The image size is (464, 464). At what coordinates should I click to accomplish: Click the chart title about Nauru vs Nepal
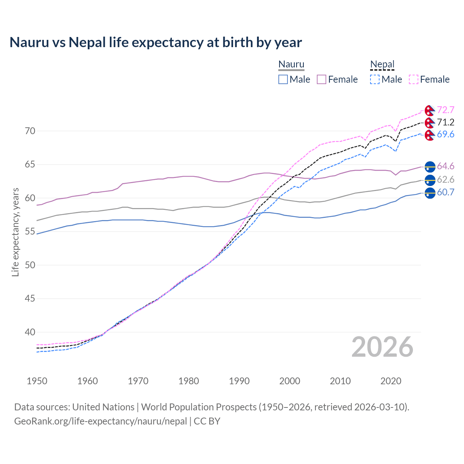tap(156, 42)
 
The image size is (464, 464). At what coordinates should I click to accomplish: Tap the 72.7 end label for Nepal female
tap(446, 110)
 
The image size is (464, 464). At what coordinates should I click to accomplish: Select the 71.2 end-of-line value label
tap(446, 122)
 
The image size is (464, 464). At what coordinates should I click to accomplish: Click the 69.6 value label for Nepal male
tap(446, 134)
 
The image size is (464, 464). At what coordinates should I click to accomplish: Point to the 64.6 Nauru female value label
tap(446, 166)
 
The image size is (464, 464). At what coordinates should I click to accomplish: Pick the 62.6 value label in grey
tap(446, 179)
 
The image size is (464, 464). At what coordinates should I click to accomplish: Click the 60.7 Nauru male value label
tap(446, 192)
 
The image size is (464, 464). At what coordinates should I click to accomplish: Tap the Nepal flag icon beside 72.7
tap(430, 110)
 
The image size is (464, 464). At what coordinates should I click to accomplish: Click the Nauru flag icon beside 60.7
tap(430, 193)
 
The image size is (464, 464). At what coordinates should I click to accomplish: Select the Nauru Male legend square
tap(283, 79)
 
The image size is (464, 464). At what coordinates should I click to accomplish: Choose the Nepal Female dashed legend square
tap(414, 79)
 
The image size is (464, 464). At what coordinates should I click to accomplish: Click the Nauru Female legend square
tap(322, 79)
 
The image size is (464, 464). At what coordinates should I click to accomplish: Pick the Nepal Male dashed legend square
tap(375, 79)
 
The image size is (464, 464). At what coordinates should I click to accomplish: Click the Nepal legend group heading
tap(382, 65)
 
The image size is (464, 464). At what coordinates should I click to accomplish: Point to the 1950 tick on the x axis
tap(37, 381)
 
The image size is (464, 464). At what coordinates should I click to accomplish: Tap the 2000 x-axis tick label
tap(290, 381)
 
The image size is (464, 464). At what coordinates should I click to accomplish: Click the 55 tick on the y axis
tap(30, 232)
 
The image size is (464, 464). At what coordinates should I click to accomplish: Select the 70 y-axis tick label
tap(30, 131)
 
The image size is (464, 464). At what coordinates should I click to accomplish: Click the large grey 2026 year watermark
tap(382, 347)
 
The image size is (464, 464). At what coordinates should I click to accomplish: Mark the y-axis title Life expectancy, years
tap(15, 232)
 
